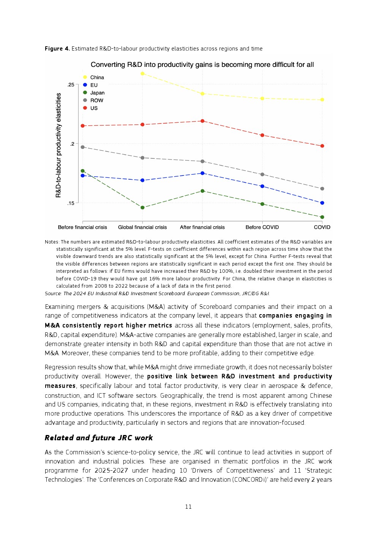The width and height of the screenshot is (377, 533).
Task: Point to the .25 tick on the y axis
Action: click(x=71, y=85)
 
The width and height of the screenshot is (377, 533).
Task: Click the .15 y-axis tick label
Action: click(x=71, y=203)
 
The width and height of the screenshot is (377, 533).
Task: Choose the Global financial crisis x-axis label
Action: click(x=143, y=227)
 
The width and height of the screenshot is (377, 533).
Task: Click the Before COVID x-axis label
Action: click(x=262, y=227)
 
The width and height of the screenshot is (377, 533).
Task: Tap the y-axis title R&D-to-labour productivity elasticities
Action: click(x=59, y=145)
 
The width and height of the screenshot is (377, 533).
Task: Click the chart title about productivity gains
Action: click(x=202, y=65)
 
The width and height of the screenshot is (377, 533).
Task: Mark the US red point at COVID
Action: click(x=322, y=146)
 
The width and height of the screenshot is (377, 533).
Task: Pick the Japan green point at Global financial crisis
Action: click(x=143, y=207)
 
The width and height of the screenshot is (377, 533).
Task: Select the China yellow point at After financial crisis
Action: click(x=203, y=94)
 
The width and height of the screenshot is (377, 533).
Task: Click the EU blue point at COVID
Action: click(x=322, y=203)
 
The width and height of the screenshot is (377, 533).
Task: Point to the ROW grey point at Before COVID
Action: click(x=262, y=174)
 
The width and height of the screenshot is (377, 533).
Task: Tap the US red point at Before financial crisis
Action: click(x=82, y=126)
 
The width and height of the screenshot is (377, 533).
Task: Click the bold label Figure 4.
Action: click(x=57, y=49)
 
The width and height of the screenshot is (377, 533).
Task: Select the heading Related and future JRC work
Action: click(x=98, y=438)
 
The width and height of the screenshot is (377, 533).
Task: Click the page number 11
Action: click(x=188, y=507)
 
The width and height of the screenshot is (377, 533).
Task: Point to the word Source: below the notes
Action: click(x=53, y=294)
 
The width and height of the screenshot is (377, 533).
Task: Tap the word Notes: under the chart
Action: click(x=52, y=242)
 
